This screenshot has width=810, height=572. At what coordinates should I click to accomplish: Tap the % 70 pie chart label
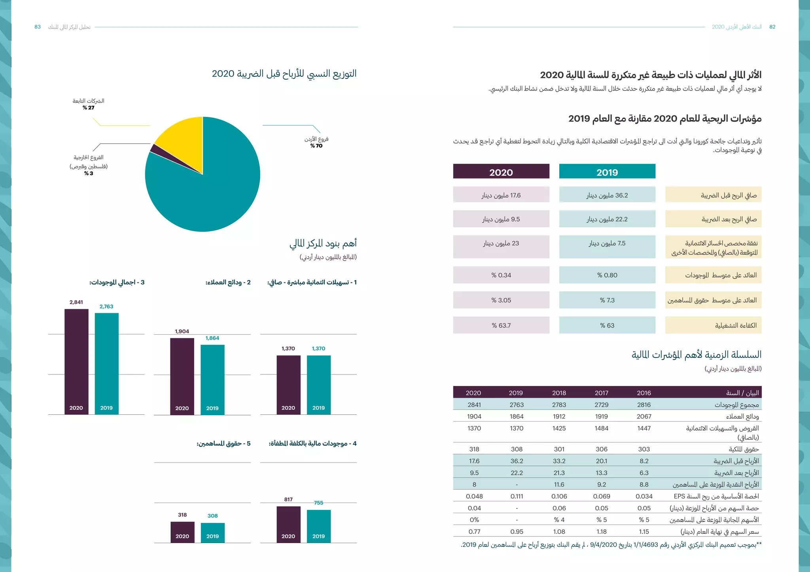click(316, 146)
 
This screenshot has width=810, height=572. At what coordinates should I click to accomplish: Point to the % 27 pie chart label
click(89, 107)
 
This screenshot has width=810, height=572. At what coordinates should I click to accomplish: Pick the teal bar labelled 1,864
click(212, 377)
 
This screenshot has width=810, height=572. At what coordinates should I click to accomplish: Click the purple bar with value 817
click(288, 521)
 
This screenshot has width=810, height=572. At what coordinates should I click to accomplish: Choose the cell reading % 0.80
click(607, 275)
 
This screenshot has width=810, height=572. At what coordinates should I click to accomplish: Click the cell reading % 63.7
click(501, 326)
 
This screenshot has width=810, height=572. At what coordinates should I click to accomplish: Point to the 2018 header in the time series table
click(559, 393)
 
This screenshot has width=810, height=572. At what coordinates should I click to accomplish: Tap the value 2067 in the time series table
click(643, 416)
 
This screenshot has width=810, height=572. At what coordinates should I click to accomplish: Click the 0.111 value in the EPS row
click(516, 496)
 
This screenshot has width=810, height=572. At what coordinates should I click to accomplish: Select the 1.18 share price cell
click(601, 532)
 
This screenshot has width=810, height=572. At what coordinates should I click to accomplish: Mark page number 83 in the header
click(38, 27)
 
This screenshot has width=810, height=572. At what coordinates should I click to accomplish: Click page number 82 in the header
click(772, 27)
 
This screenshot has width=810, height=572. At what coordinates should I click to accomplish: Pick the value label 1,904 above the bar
click(182, 331)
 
